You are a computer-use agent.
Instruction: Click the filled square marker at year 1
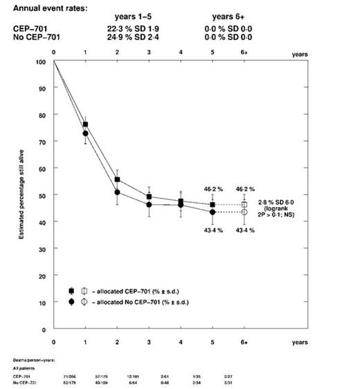click(x=85, y=125)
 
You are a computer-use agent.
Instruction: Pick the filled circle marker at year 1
click(x=85, y=134)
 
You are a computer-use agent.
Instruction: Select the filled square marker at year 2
click(x=117, y=179)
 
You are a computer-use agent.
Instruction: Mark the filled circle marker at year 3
click(x=149, y=204)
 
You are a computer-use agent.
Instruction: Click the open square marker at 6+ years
click(x=244, y=205)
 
